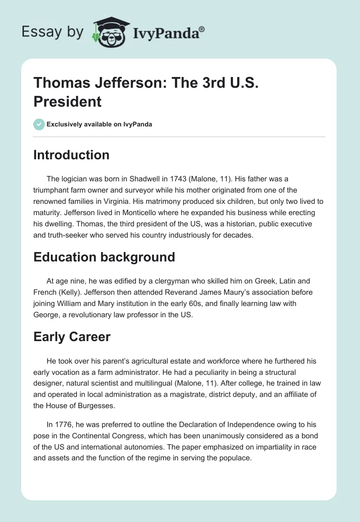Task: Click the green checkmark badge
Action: point(39,124)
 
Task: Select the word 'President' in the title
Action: point(67,102)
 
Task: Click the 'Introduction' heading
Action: point(72,155)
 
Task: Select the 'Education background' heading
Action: point(104,257)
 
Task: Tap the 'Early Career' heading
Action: point(72,337)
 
